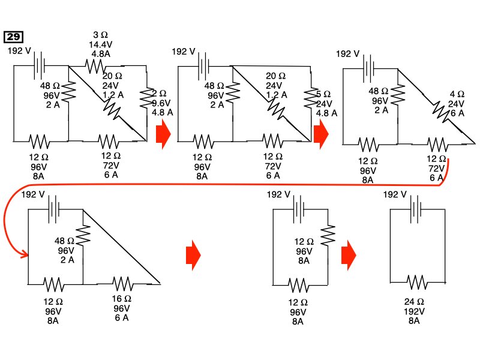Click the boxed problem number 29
point(13,37)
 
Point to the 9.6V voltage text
point(162,103)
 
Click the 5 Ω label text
point(323,94)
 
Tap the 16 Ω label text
point(122,299)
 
